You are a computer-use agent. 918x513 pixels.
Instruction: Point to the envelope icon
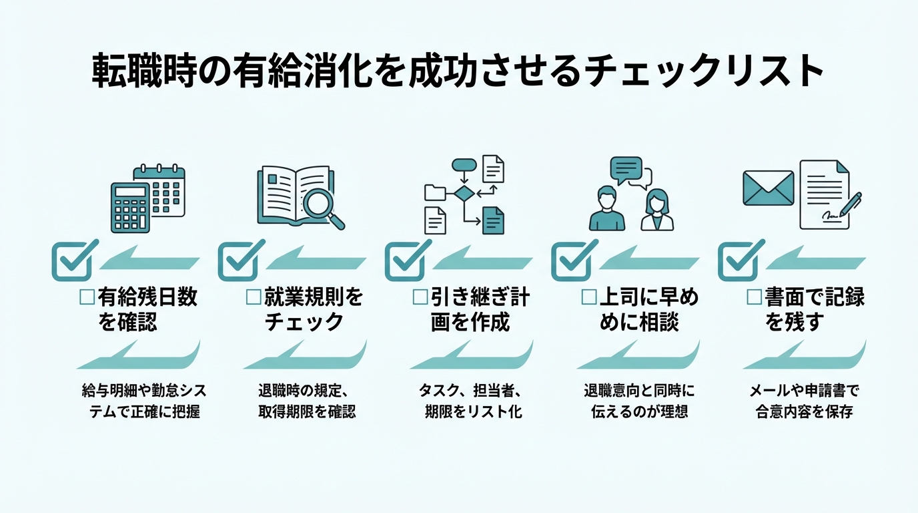tap(769, 188)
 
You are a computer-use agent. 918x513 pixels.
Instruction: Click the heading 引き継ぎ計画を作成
tap(471, 309)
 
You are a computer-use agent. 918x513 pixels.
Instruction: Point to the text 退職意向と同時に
tap(638, 391)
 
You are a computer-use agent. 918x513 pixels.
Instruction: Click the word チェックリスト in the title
tap(704, 71)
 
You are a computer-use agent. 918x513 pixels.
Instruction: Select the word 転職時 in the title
tap(138, 71)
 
